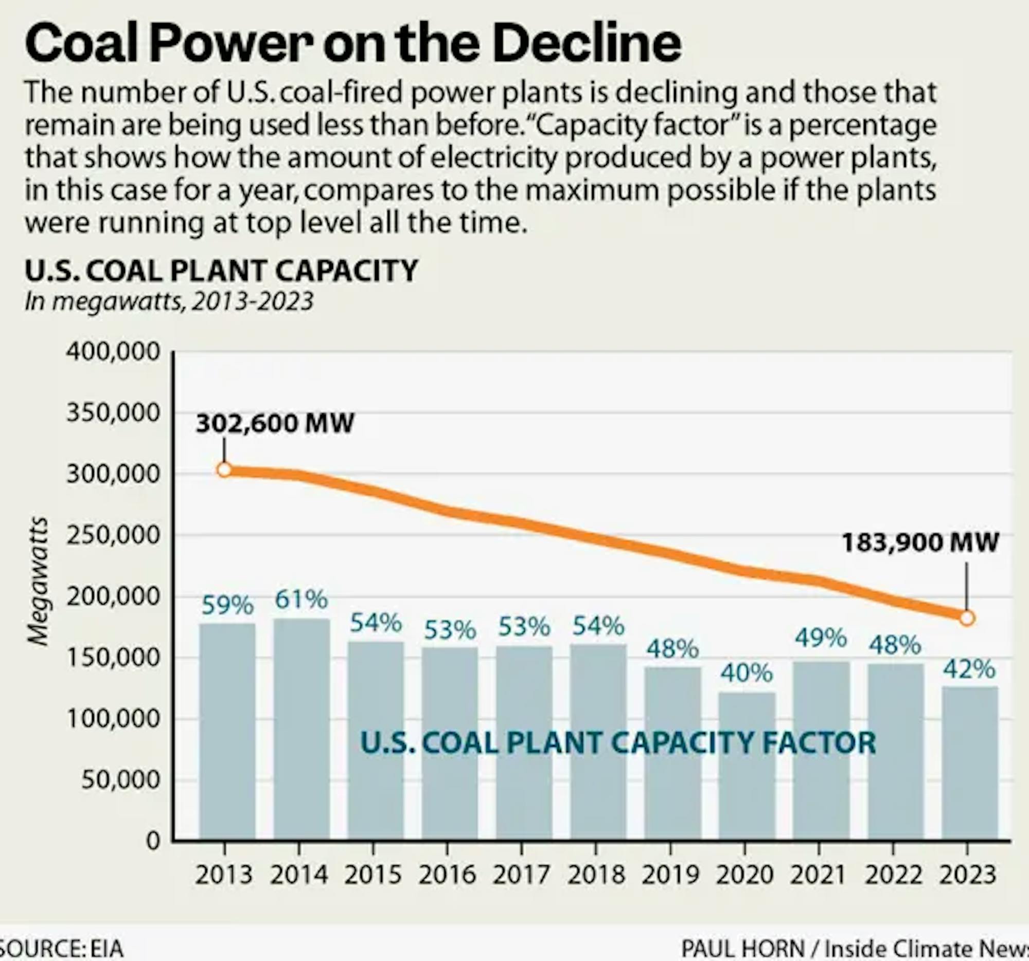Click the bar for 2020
[x=747, y=766]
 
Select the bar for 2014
[x=302, y=729]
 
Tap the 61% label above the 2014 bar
[x=301, y=600]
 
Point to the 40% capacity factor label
[x=747, y=673]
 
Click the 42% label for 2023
[x=968, y=669]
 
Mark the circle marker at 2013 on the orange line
[x=224, y=469]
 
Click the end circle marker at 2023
[x=967, y=618]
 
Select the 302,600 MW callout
[x=275, y=423]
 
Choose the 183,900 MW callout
[x=920, y=542]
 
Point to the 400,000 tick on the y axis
[x=113, y=352]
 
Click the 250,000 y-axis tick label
[x=113, y=535]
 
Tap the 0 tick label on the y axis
[x=153, y=841]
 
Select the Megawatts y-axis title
[x=38, y=582]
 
